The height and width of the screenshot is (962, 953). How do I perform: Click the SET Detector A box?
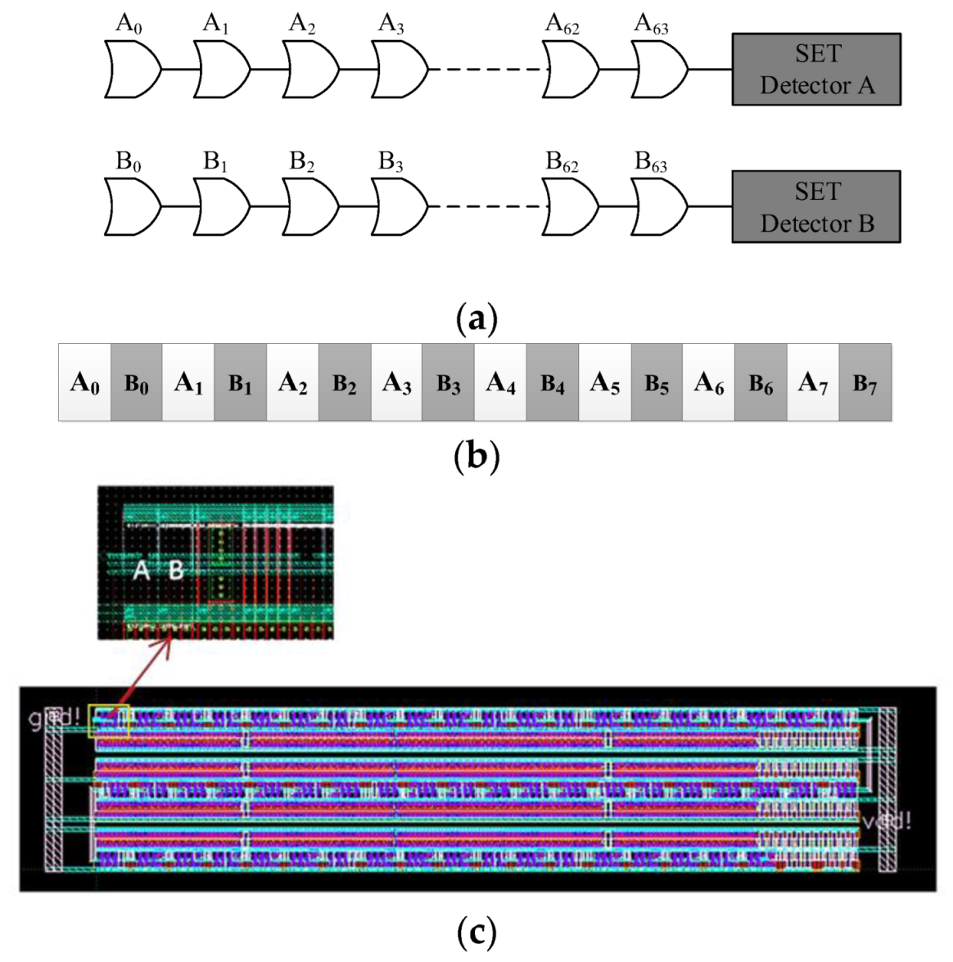[815, 70]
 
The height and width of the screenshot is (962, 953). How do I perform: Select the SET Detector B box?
[815, 207]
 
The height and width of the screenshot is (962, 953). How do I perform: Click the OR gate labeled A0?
[133, 69]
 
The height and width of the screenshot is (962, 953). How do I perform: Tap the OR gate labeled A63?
[660, 69]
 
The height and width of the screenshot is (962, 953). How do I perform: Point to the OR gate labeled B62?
[571, 206]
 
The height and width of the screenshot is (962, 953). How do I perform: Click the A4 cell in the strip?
[500, 382]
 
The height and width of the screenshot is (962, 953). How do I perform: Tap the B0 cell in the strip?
[136, 382]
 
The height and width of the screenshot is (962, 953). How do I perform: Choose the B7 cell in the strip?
[865, 382]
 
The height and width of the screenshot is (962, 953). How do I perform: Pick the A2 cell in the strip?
[292, 382]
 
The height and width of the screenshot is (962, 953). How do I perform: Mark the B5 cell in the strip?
[657, 382]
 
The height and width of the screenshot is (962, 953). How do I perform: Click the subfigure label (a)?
[476, 318]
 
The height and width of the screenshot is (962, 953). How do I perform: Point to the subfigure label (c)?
[476, 932]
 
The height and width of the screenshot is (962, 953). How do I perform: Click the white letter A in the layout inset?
[142, 570]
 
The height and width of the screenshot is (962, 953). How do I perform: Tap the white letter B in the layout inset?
[175, 570]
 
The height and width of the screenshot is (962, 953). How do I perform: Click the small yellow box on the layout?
[110, 720]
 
